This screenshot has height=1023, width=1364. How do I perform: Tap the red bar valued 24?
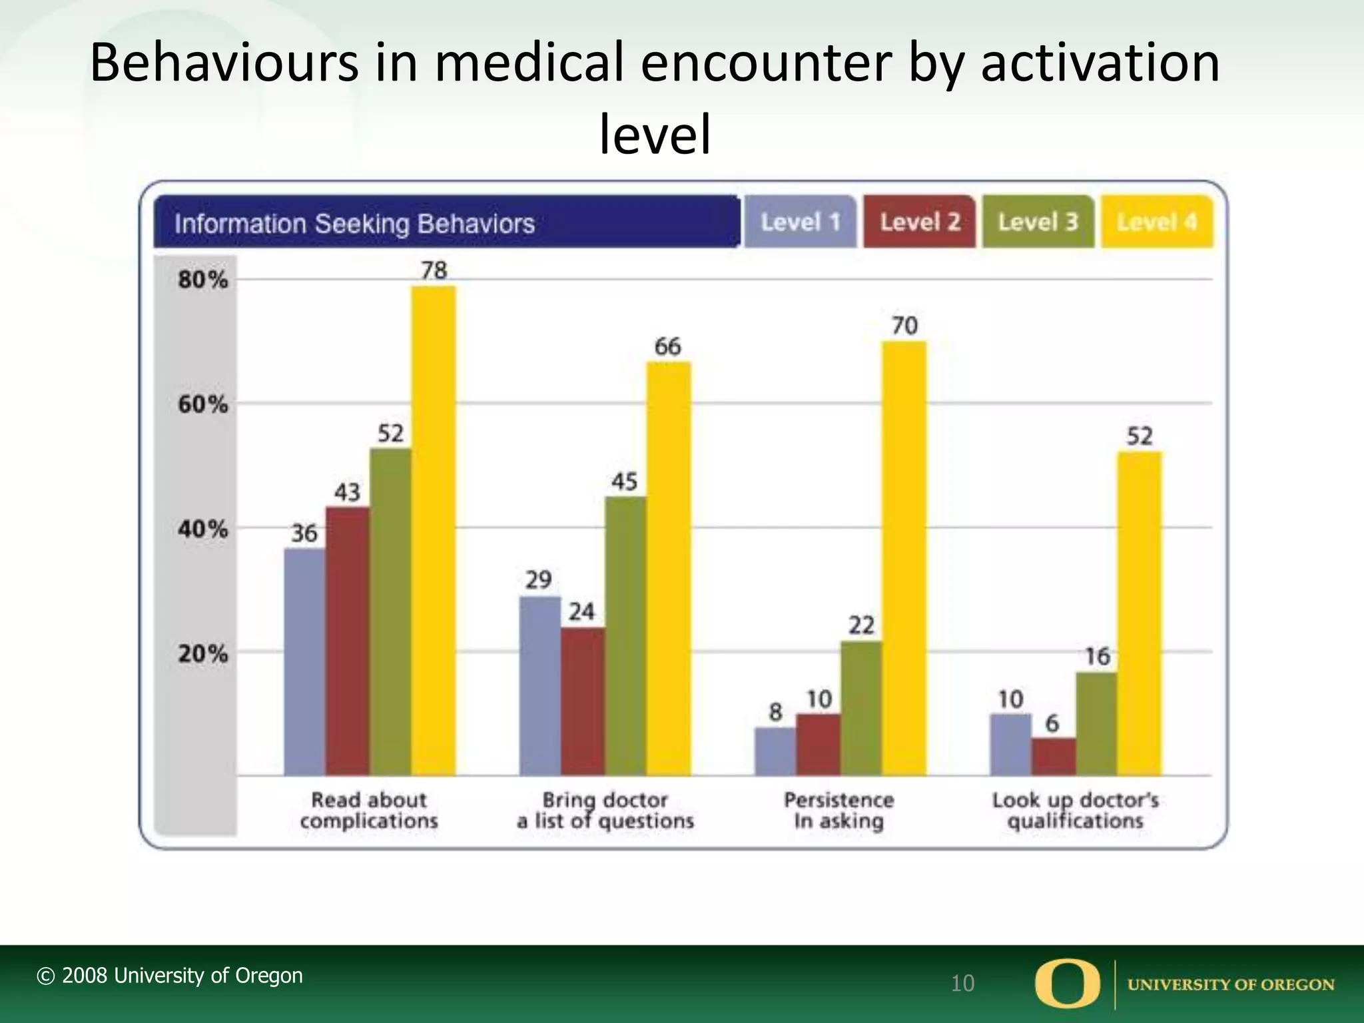pos(582,701)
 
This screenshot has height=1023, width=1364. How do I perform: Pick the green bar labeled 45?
pos(625,635)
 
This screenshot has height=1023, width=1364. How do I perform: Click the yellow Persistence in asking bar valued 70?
pos(904,557)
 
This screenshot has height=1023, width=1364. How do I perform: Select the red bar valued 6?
pos(1053,756)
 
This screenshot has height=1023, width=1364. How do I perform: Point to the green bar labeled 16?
pos(1096,724)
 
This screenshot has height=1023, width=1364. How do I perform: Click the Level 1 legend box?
pos(800,222)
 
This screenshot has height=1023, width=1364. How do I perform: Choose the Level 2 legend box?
pos(919,222)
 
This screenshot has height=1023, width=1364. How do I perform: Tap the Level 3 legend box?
pos(1038,222)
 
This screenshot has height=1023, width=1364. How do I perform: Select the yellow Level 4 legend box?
pos(1156,222)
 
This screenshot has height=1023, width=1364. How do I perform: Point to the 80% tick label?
pos(202,279)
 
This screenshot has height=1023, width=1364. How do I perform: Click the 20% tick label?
pos(202,653)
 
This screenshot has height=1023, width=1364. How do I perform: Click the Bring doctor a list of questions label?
pos(605,810)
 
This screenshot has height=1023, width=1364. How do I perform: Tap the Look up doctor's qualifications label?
pos(1075,810)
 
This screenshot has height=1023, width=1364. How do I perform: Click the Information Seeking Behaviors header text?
pos(354,224)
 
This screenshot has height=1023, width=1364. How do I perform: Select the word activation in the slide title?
pos(1100,63)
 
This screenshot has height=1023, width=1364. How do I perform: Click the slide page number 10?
pos(962,983)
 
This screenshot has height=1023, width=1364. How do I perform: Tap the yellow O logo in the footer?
pos(1067,983)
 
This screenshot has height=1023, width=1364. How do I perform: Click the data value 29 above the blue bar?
pos(538,579)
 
